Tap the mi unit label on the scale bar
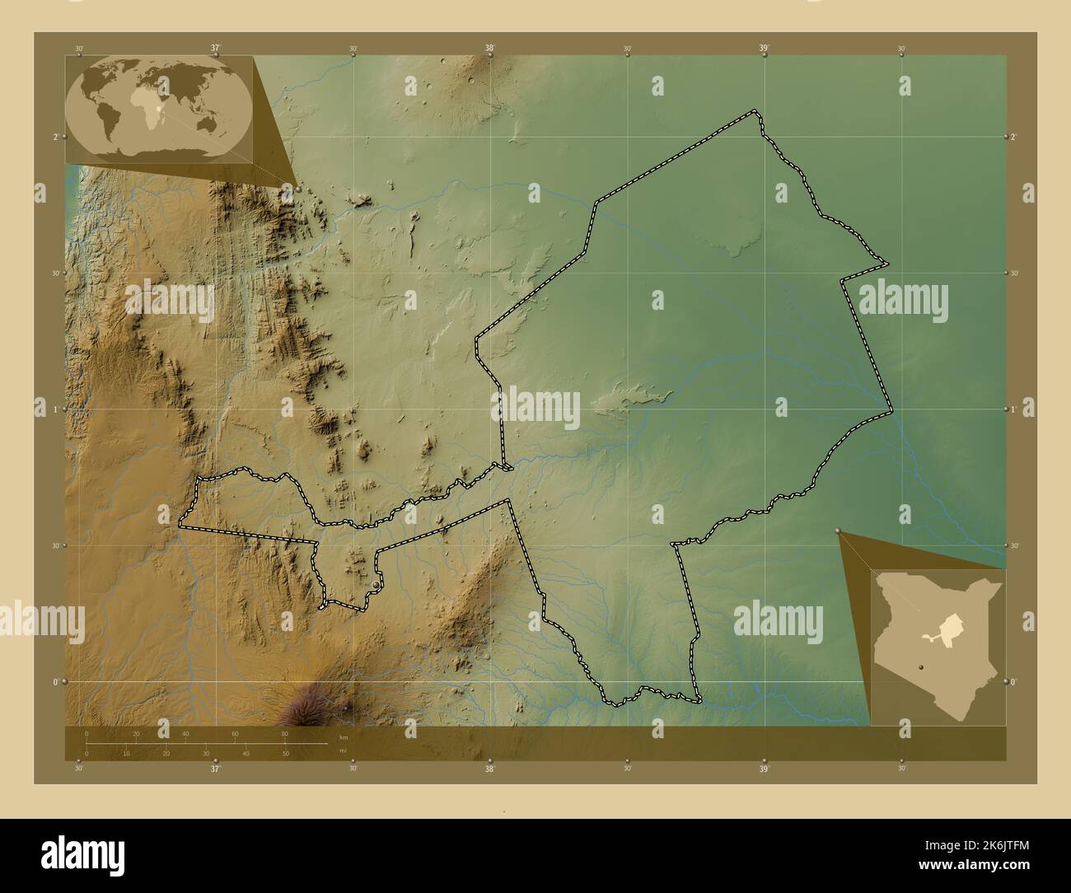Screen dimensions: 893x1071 click(343, 750)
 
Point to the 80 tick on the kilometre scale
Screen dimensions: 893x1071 click(284, 733)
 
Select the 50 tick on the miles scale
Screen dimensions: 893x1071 click(285, 754)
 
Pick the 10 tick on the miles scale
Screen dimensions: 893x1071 click(126, 754)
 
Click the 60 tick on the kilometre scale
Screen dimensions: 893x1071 click(235, 733)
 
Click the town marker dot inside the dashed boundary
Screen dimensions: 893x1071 click(376, 583)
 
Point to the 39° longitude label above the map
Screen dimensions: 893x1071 click(765, 49)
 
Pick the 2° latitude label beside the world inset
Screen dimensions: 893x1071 click(56, 137)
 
